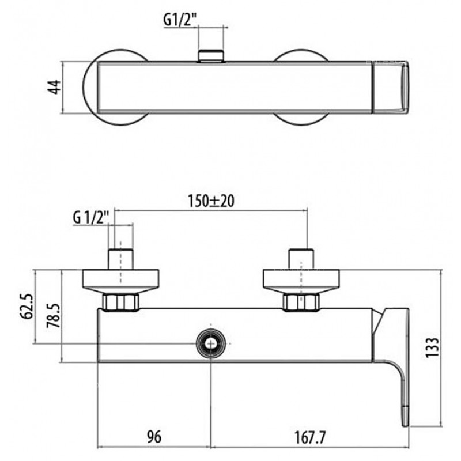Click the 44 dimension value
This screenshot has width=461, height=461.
54,87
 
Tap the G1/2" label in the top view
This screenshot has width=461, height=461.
180,20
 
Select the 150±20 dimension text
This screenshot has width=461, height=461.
211,201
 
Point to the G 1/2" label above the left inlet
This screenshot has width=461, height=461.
91,218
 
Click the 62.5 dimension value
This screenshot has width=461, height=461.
26,306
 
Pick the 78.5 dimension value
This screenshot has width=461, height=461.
53,315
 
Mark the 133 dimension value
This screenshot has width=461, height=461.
432,347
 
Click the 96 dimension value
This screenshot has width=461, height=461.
154,437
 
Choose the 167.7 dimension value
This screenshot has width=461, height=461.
311,438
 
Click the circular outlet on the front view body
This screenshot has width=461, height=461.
211,343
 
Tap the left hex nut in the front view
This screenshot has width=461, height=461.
120,302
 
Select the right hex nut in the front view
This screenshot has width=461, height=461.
301,302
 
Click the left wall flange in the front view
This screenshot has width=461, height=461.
120,281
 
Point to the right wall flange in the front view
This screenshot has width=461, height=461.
301,281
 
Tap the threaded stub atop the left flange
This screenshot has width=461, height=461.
121,259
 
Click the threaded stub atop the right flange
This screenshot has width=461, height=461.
301,259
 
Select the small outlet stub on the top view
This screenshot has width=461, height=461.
211,56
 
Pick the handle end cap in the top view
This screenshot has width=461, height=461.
391,87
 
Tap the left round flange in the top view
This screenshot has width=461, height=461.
115,87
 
